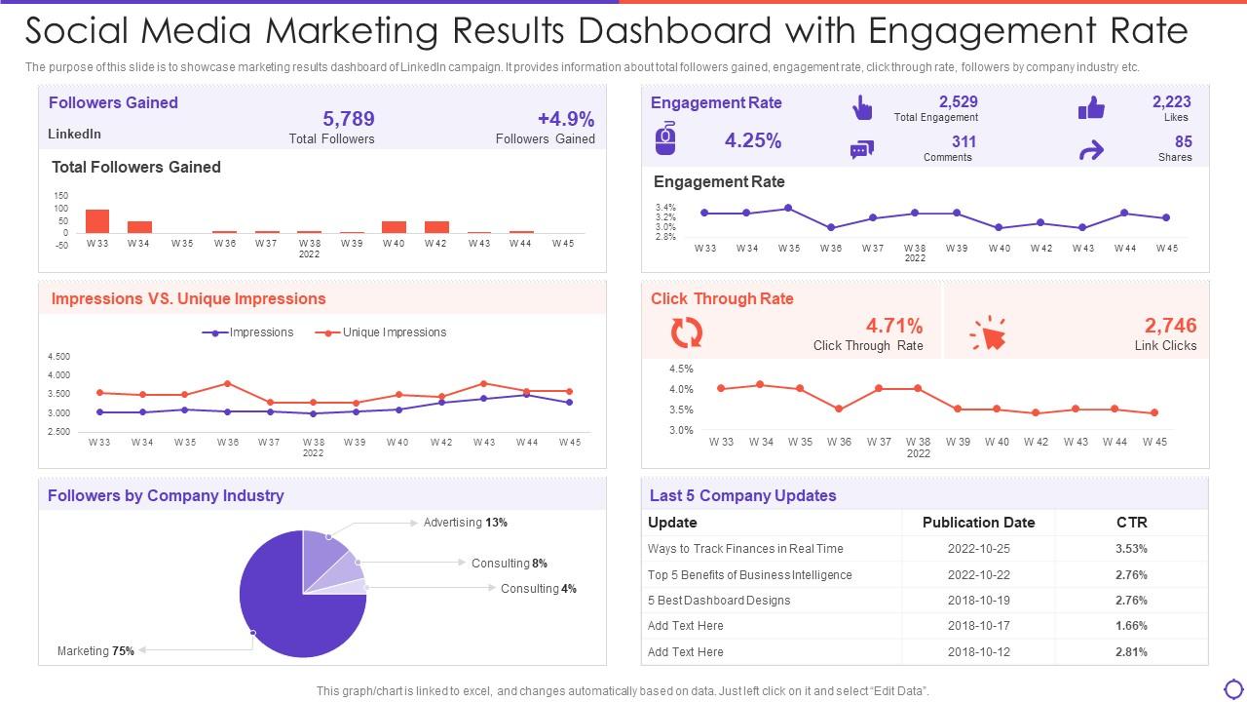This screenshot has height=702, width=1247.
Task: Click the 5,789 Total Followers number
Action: coord(348,119)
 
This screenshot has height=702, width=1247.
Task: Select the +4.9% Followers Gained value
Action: coord(565,119)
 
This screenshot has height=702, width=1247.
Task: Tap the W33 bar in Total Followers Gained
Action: coord(97,221)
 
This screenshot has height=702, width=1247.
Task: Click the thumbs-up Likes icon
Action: coord(1091,108)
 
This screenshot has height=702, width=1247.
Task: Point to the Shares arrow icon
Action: coord(1091,150)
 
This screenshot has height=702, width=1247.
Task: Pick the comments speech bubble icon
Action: coord(861,150)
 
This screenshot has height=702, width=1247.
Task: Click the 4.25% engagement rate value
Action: coord(752,140)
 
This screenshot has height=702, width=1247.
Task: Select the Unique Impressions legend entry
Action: coord(381,332)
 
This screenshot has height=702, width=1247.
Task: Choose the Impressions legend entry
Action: coord(247,332)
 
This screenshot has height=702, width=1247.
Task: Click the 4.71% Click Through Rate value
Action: coord(893,326)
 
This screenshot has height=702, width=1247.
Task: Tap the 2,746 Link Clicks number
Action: coord(1170,326)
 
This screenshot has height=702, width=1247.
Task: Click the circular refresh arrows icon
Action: coord(687,333)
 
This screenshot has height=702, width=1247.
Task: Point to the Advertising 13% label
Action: coord(465,523)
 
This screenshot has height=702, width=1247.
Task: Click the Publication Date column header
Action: coord(978,523)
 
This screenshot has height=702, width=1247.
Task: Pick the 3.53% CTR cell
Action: coord(1131,549)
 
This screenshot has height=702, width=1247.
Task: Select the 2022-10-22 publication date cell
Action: coord(978,575)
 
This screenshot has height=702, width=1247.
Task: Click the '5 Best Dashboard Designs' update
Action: coord(719,601)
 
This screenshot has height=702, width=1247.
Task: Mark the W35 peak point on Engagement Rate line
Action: coord(788,208)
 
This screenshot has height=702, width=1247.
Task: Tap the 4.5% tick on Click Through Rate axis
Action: coord(681,369)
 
